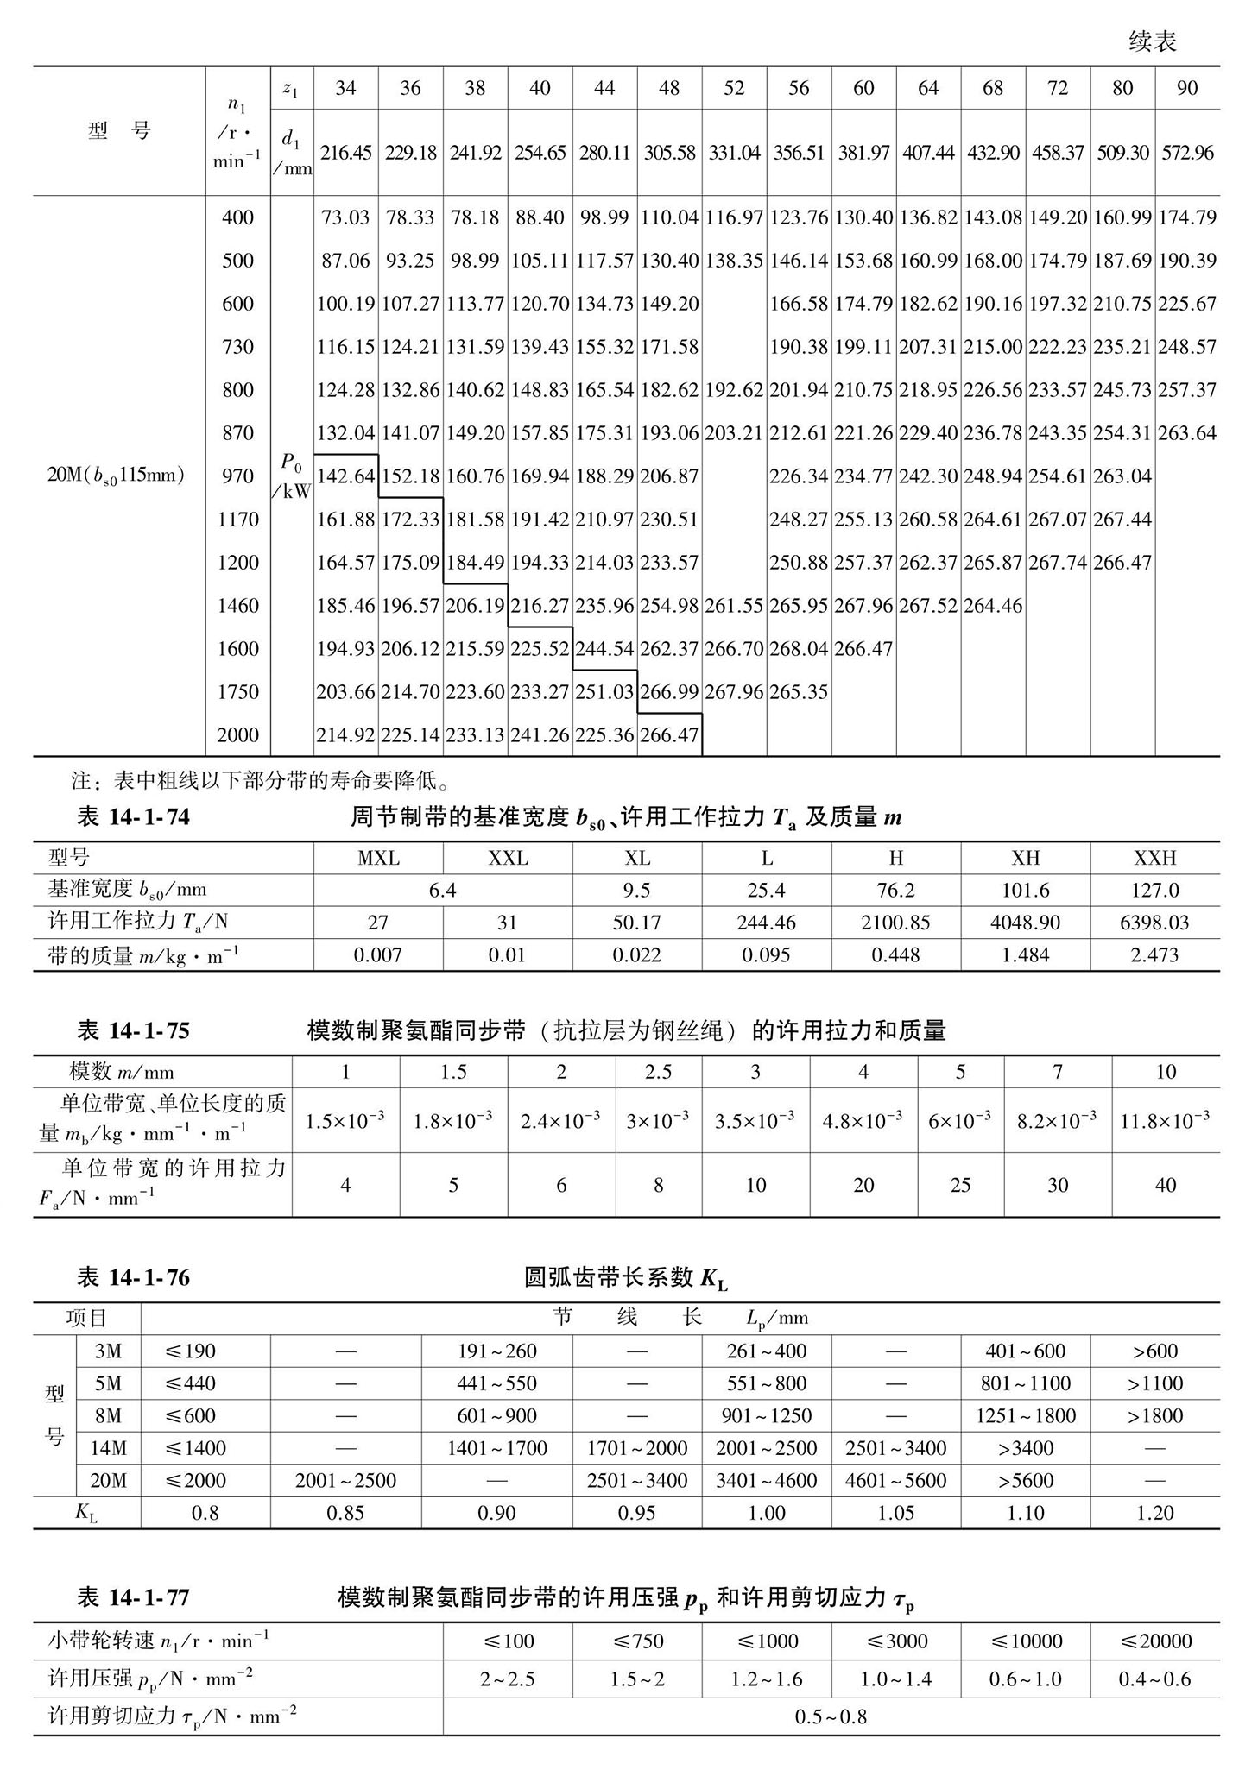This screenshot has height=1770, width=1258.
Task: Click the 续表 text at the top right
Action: (x=1152, y=41)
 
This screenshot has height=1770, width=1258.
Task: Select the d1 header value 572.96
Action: (x=1187, y=153)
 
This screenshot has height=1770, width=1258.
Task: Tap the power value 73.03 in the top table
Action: (x=345, y=217)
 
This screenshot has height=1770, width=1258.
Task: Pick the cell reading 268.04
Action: (x=799, y=649)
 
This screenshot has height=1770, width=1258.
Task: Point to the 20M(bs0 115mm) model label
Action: (x=116, y=476)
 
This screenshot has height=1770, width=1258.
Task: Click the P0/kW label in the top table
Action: (x=292, y=476)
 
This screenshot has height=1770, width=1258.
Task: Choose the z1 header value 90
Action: (x=1187, y=88)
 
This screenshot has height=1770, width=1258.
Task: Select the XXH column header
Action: (x=1154, y=858)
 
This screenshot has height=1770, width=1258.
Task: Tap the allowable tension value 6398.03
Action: (x=1154, y=923)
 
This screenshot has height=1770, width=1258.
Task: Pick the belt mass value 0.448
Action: (x=895, y=954)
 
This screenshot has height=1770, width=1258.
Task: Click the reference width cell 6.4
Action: (x=442, y=890)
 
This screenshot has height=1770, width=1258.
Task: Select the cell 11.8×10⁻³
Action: (x=1165, y=1120)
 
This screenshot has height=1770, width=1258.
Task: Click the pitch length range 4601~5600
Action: (x=895, y=1481)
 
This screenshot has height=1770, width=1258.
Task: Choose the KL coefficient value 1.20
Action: (x=1154, y=1513)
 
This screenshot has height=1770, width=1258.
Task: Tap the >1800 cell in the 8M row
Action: (x=1154, y=1416)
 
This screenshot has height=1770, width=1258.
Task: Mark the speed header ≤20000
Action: (x=1154, y=1641)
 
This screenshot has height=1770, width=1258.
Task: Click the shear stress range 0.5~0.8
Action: (x=831, y=1716)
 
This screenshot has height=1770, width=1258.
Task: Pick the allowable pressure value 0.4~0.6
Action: (x=1154, y=1679)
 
